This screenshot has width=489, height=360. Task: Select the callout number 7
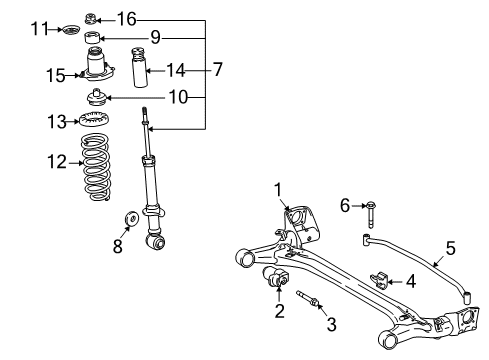click(217, 70)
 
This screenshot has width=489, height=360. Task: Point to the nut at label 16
click(92, 17)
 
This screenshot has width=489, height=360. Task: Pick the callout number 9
click(155, 38)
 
